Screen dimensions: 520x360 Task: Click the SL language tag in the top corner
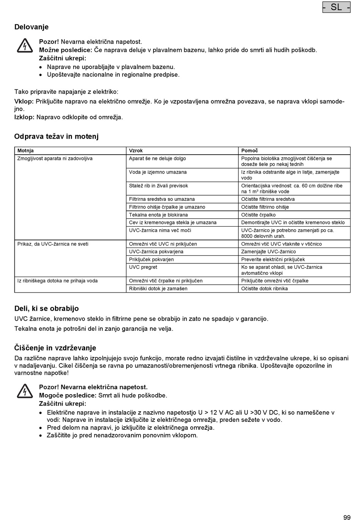(336, 7)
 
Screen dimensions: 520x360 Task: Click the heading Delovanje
(31, 27)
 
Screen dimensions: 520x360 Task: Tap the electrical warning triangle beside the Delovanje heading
(25, 46)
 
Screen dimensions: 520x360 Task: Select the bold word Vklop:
(24, 102)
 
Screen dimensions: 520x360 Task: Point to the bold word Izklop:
(24, 117)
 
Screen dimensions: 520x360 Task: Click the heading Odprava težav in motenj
(56, 136)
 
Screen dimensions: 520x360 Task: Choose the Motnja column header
(25, 150)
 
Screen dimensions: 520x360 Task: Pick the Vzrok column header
(136, 150)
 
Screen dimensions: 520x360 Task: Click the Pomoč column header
(249, 150)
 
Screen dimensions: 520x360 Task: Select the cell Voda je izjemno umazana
(158, 172)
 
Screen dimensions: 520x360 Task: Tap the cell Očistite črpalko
(258, 215)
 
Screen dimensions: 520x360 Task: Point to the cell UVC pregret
(143, 267)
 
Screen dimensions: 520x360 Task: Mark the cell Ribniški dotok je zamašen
(158, 288)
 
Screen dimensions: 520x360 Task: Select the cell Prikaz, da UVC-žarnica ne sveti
(53, 244)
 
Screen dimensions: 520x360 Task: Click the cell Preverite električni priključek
(273, 260)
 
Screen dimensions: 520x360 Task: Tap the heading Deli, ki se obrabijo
(47, 309)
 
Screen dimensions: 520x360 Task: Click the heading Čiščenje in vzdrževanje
(55, 348)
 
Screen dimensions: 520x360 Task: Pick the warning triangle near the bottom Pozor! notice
(25, 391)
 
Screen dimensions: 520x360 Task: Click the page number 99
(347, 517)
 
